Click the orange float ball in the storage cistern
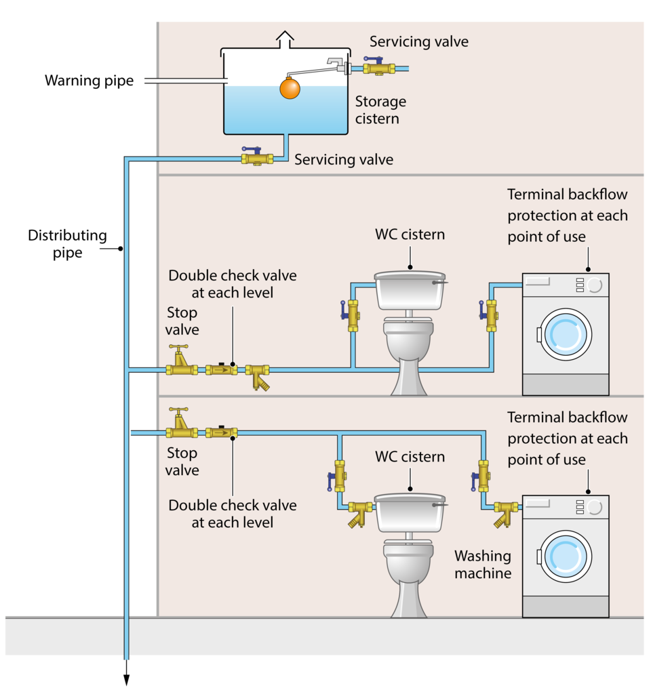[290, 88]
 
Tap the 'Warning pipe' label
[89, 81]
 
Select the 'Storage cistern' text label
[380, 110]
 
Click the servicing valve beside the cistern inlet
[378, 66]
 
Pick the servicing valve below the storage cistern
[257, 157]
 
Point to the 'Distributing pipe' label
[67, 243]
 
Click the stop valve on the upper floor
[182, 361]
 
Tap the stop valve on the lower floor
[182, 423]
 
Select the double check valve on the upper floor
[221, 369]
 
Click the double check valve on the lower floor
[221, 432]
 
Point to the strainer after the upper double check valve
[258, 376]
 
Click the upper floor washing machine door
[566, 334]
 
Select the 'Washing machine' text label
[483, 565]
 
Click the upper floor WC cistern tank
[410, 290]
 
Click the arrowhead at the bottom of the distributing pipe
[126, 679]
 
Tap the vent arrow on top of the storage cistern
[285, 39]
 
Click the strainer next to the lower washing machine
[506, 514]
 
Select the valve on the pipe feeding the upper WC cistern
[352, 315]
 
